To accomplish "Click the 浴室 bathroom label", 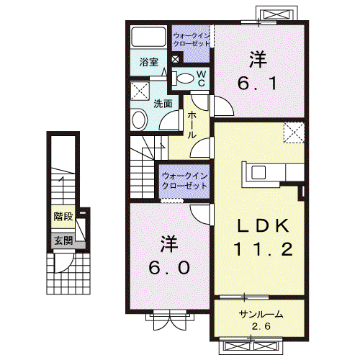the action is click(x=149, y=62).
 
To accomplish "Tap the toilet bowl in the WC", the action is click(x=185, y=78).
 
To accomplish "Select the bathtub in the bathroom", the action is click(x=149, y=37).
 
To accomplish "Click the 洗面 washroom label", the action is click(x=163, y=104).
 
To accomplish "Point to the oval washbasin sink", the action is click(x=139, y=120).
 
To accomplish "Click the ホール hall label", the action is click(x=192, y=125).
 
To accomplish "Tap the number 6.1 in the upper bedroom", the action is click(x=258, y=83).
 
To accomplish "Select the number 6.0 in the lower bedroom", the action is click(x=169, y=268).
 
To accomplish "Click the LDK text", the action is click(x=263, y=225).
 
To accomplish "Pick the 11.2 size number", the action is click(x=264, y=249).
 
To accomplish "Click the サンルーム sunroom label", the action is click(x=261, y=314).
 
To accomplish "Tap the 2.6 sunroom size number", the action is click(x=261, y=326).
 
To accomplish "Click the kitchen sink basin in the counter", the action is click(x=258, y=172).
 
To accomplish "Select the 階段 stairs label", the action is click(x=63, y=217).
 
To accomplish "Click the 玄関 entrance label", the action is click(x=63, y=240).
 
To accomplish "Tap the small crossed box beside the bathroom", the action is click(x=175, y=59).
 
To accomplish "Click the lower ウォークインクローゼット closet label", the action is click(x=184, y=181).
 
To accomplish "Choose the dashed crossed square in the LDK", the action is click(x=294, y=132).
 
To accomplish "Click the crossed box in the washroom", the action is click(x=140, y=91).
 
